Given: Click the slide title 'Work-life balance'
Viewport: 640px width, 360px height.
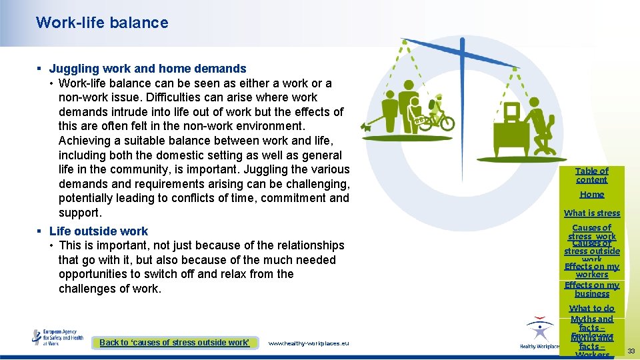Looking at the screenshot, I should [x=102, y=23].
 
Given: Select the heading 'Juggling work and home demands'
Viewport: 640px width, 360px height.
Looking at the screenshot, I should [x=147, y=69].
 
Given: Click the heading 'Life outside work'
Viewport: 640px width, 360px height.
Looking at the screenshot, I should [x=99, y=231].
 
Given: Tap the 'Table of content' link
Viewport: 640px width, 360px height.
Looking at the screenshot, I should [x=592, y=175].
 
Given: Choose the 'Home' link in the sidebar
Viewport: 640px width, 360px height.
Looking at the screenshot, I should [x=592, y=195].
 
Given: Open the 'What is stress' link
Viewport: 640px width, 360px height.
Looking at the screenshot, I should [x=592, y=213].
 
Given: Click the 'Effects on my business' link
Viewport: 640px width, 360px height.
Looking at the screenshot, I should [x=592, y=289].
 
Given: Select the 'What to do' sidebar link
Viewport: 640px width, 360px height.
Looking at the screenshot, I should [x=592, y=309].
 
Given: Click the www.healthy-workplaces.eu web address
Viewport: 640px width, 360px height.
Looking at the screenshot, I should [x=308, y=343].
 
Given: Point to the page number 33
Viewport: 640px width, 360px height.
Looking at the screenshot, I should [x=631, y=351].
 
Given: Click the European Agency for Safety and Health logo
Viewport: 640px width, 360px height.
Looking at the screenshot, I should [x=58, y=337].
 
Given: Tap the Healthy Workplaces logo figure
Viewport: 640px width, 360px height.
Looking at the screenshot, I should [x=539, y=331].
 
